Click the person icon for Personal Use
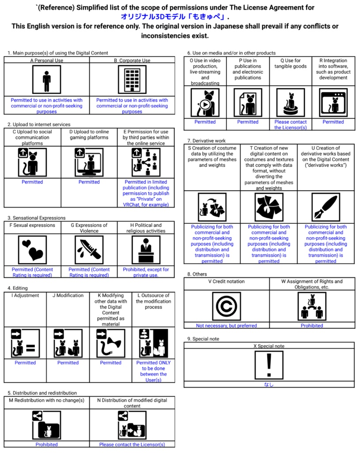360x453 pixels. click(46, 80)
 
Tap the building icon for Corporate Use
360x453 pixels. click(132, 80)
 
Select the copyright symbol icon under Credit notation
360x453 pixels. click(226, 306)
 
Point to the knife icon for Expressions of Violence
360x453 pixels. click(89, 250)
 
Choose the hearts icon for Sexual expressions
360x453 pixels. click(32, 250)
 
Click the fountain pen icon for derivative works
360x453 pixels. click(326, 207)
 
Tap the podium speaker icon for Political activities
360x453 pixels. click(146, 250)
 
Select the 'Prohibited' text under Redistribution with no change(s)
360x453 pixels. click(46, 444)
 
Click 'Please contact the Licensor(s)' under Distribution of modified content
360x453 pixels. click(132, 444)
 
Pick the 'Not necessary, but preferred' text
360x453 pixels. click(226, 326)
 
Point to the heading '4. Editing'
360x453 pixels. click(18, 288)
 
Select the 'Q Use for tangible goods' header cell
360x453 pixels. click(291, 64)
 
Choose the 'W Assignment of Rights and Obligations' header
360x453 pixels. click(312, 284)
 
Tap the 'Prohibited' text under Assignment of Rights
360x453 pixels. click(312, 326)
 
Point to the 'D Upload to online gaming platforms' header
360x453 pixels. click(89, 134)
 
